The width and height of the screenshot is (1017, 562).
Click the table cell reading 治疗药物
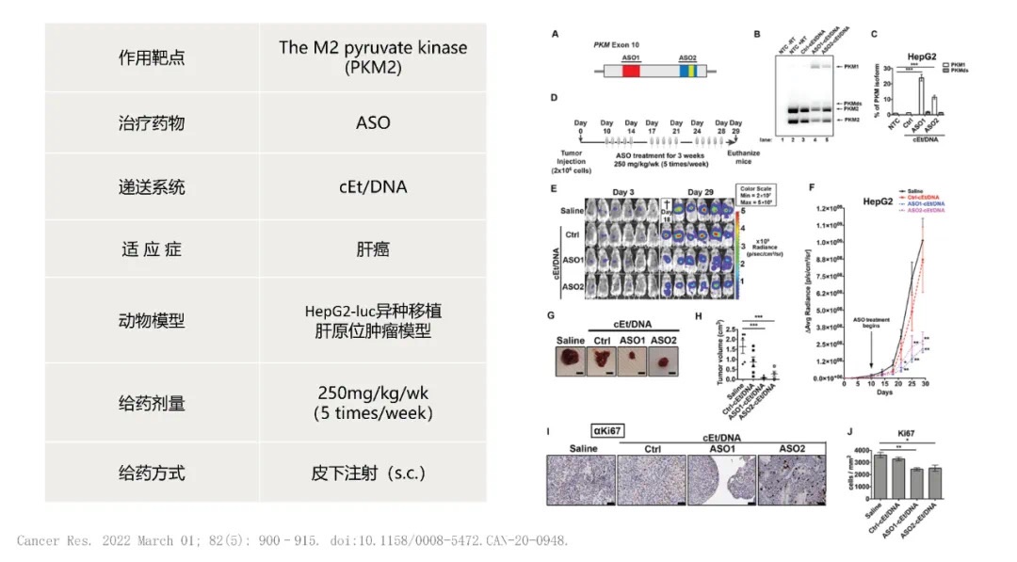(x=152, y=122)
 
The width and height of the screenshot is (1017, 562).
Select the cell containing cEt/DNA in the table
(x=374, y=186)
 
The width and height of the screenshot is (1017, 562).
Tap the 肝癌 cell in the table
(x=374, y=249)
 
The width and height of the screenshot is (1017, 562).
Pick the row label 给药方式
(x=152, y=471)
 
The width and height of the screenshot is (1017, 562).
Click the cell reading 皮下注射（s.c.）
(x=374, y=471)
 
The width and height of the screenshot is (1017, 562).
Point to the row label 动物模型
(x=152, y=320)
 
